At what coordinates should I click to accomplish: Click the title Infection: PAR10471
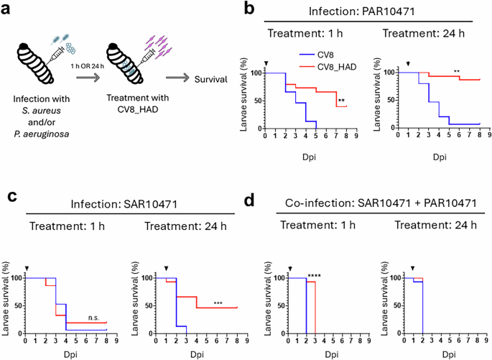(x=368, y=11)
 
